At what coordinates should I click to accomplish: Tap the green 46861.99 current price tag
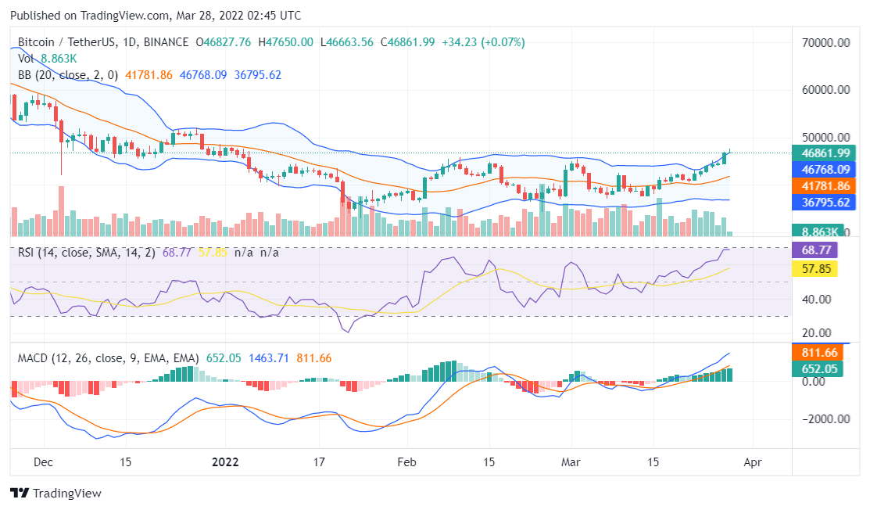pyautogui.click(x=821, y=153)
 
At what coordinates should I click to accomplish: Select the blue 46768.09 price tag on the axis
pyautogui.click(x=821, y=170)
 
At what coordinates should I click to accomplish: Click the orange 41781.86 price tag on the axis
pyautogui.click(x=821, y=186)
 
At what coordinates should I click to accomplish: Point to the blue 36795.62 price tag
pyautogui.click(x=821, y=203)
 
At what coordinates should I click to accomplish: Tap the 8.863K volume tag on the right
pyautogui.click(x=818, y=232)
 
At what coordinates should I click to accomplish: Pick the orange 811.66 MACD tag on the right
pyautogui.click(x=818, y=353)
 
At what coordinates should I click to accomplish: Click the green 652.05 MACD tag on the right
pyautogui.click(x=818, y=369)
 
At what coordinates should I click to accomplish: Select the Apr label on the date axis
pyautogui.click(x=752, y=462)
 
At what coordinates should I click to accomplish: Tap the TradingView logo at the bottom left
pyautogui.click(x=55, y=494)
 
